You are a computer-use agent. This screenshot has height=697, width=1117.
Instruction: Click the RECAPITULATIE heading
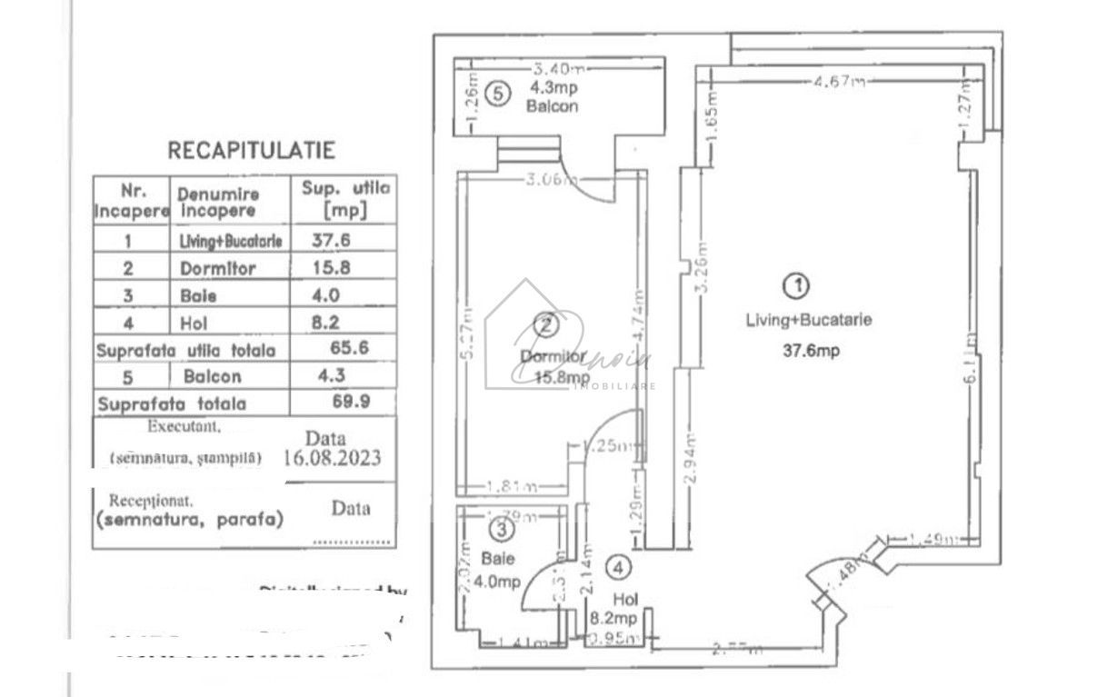[251, 151]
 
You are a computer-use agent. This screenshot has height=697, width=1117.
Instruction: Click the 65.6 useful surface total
[349, 348]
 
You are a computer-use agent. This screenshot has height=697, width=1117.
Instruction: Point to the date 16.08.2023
[332, 457]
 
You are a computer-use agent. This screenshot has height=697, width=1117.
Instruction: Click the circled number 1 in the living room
[796, 286]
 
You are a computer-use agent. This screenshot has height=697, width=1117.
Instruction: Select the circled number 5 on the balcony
[497, 93]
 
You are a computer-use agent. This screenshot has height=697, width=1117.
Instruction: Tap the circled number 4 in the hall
[619, 569]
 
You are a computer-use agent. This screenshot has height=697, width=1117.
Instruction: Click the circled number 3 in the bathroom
[501, 528]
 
